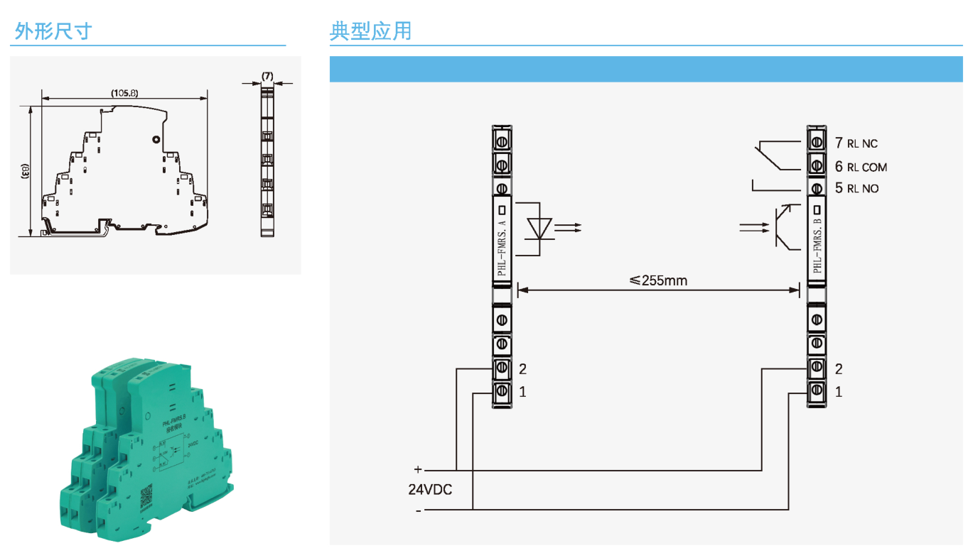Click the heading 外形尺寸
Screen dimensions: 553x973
[53, 31]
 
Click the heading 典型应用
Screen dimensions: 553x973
[370, 31]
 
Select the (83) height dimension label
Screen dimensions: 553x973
[25, 171]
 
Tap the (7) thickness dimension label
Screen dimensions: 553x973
[267, 75]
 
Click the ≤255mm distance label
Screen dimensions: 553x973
[659, 280]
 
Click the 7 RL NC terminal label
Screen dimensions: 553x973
[856, 143]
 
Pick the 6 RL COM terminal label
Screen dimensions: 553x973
[861, 167]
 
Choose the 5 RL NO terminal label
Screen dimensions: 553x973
[856, 188]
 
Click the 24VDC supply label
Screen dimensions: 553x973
[430, 490]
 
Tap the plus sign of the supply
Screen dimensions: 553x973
[418, 469]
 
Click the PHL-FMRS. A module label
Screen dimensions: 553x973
[502, 248]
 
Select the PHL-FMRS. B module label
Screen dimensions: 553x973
[817, 246]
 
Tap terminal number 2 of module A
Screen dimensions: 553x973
[522, 369]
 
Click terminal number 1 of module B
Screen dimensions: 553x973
[839, 392]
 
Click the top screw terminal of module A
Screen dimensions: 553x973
[502, 141]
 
